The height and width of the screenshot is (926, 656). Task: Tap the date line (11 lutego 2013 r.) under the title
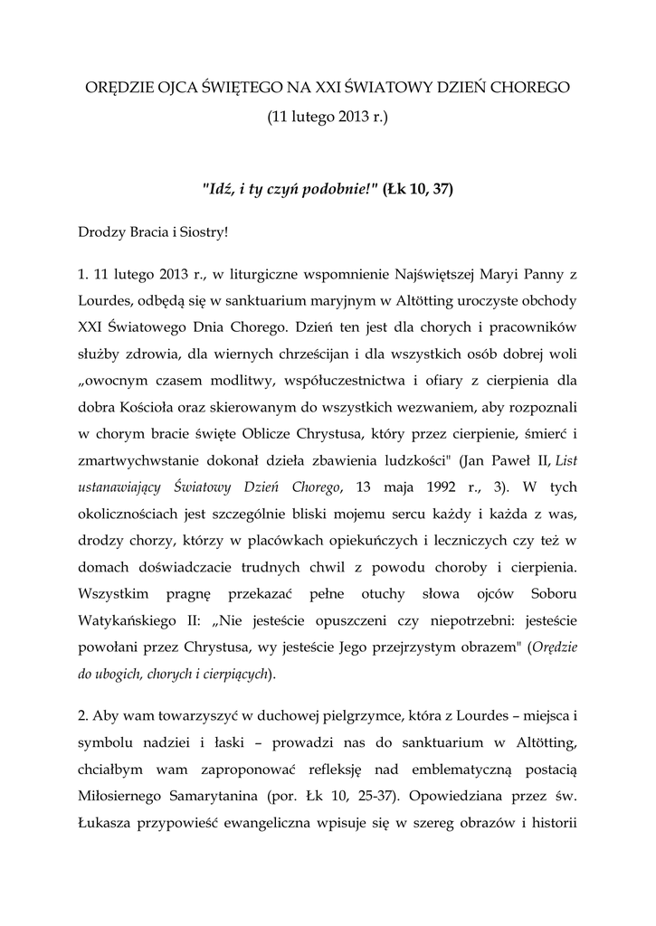point(327,118)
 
